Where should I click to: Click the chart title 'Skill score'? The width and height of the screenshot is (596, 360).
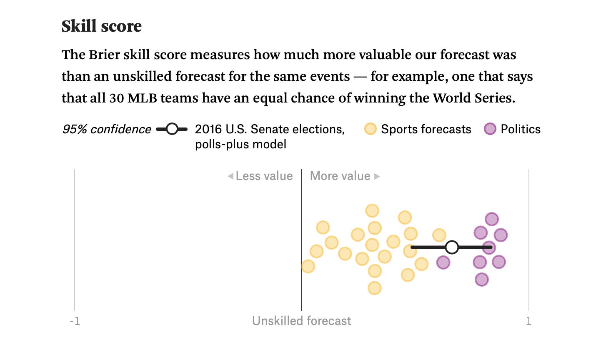coord(101,26)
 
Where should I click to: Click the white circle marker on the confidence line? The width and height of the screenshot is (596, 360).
coord(452,247)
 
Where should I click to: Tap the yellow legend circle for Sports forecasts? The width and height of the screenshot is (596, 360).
coord(370,129)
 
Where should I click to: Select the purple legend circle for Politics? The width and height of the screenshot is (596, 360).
coord(490,129)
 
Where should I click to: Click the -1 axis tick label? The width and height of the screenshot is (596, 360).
coord(75,321)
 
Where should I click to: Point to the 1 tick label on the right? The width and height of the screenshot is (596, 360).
coord(528,321)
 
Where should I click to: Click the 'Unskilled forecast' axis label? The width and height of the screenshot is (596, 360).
coord(301,321)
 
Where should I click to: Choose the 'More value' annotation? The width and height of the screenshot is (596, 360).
coord(341,176)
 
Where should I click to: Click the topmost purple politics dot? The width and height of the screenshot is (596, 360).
coord(492,219)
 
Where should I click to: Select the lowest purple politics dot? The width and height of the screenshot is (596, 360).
coord(481,279)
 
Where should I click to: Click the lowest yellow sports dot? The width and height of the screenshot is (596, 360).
coord(374,288)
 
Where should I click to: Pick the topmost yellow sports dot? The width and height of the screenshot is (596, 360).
coord(372,211)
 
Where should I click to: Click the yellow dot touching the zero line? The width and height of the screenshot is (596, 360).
coord(308,266)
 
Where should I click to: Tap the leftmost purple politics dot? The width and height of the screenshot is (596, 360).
coord(443,262)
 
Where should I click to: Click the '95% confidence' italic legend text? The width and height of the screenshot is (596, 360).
coord(106,129)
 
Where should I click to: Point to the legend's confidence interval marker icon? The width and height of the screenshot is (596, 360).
coord(172,129)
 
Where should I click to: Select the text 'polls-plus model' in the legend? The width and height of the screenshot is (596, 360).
coord(240,144)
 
